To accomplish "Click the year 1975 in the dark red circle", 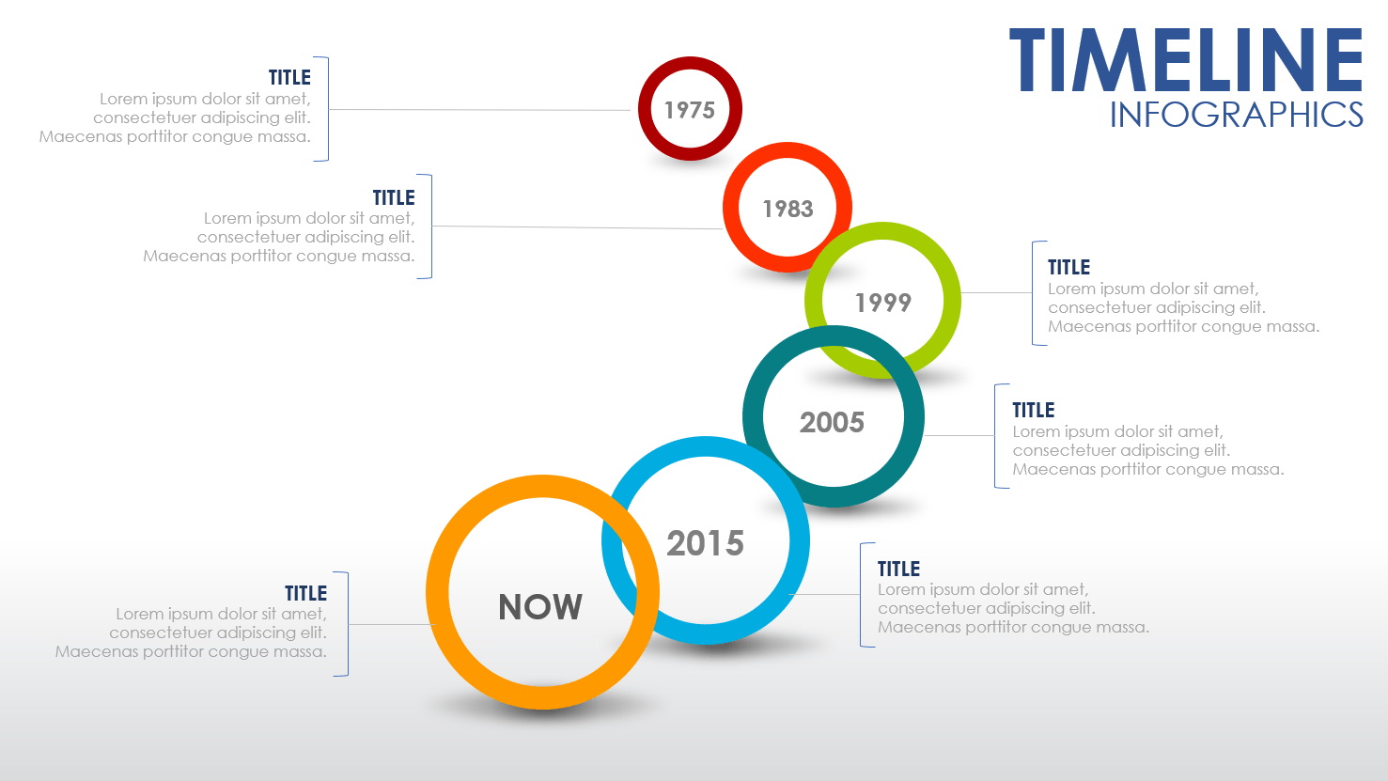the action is [690, 110].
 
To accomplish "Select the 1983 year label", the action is [788, 209].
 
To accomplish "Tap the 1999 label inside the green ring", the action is [883, 303].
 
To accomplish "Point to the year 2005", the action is [832, 422].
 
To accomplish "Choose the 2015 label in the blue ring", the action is [705, 543].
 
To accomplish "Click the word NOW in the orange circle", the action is [540, 607].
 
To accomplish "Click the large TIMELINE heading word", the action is [1186, 60].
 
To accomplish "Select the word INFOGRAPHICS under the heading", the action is [1236, 115].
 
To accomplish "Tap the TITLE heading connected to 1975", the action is [289, 77].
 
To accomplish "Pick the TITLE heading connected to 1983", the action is [394, 197].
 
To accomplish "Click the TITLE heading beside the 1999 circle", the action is [1068, 267].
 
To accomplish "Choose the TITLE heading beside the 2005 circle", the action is [1034, 411].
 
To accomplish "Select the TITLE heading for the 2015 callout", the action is [898, 569].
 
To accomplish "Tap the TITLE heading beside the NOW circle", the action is [305, 593].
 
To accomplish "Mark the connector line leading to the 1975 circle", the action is [479, 110].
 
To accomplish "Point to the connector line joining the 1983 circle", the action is [578, 227].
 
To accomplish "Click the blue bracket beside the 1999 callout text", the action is [1033, 293].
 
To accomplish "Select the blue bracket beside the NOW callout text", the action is [348, 624].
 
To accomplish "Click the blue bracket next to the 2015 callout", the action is [861, 595].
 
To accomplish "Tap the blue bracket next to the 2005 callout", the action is [995, 436].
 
